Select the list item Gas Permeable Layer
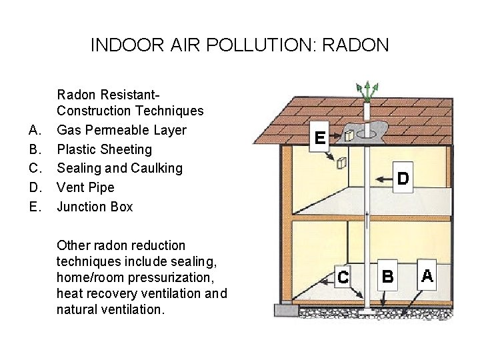point(121,130)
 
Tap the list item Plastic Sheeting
point(104,149)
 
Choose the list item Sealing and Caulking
point(119,168)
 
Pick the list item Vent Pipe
point(85,187)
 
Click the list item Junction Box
point(95,207)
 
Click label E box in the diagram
point(321,139)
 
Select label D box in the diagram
point(403,178)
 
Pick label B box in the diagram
point(388,276)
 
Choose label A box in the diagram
point(427,275)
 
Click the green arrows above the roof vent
point(366,91)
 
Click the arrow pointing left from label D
point(382,179)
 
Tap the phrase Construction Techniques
point(130,111)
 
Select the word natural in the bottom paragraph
point(77,309)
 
